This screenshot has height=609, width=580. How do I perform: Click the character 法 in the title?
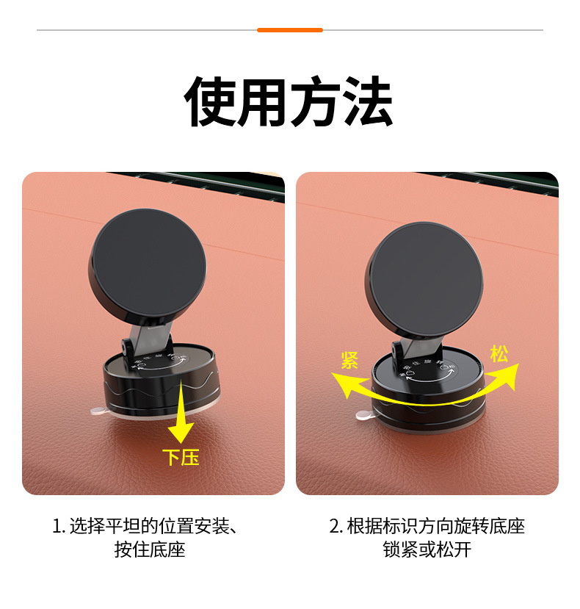point(368,102)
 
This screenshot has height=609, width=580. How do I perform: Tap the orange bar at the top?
point(290,30)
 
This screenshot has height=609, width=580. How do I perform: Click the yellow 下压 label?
point(181,457)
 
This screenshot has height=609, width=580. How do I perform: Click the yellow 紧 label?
point(349,360)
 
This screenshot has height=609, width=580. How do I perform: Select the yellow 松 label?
point(500,353)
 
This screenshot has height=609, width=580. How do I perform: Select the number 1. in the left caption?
point(59,527)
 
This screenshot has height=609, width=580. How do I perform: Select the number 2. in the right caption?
point(336,527)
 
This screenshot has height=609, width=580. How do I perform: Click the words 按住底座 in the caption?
point(150,549)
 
